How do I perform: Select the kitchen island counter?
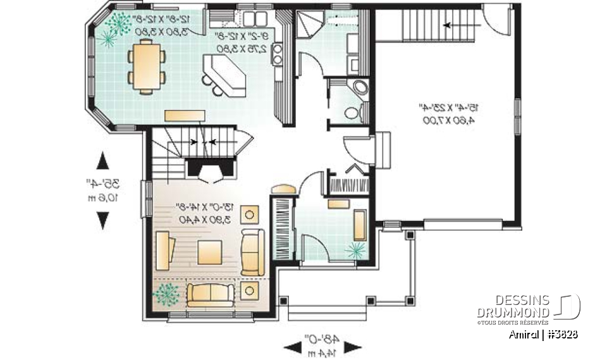(x=225, y=75)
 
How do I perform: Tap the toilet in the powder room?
(x=352, y=112)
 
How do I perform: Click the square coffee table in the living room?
(x=209, y=252)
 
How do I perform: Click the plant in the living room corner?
(x=166, y=293)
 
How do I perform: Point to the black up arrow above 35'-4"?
(x=102, y=160)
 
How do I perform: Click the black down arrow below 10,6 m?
(x=102, y=220)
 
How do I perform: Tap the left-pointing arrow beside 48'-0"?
(x=291, y=346)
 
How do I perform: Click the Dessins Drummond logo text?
(x=513, y=306)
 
